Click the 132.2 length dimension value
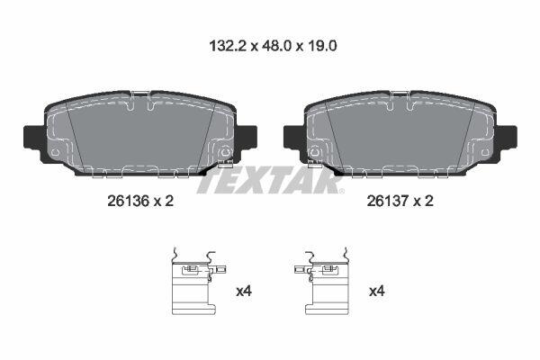pyautogui.click(x=228, y=46)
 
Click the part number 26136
pyautogui.click(x=128, y=201)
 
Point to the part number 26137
pyautogui.click(x=387, y=201)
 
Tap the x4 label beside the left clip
pyautogui.click(x=244, y=292)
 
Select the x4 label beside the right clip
pyautogui.click(x=376, y=292)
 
